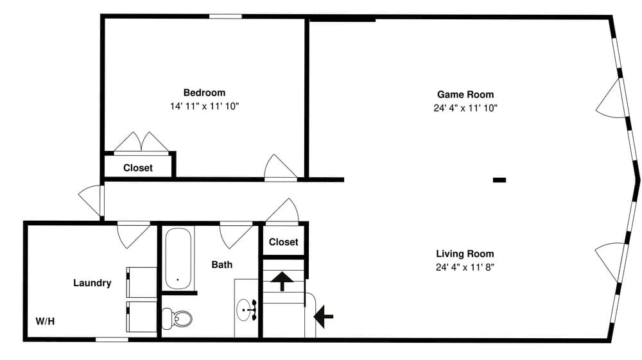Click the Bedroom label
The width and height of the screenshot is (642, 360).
[204, 92]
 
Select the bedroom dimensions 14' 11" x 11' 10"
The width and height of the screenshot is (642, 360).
[204, 107]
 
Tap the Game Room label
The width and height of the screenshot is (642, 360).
[465, 94]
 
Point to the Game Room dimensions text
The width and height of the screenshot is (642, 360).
[465, 108]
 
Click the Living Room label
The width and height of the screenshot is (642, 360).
[465, 253]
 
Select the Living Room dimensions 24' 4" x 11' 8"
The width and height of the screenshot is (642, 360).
[465, 268]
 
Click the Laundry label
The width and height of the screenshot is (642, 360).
[92, 283]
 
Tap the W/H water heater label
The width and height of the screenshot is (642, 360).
[45, 321]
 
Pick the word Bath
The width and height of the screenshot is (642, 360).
[222, 264]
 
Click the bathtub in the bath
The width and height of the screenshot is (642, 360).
[178, 260]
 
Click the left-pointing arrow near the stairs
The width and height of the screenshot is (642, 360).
[324, 314]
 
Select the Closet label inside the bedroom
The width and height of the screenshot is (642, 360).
[138, 168]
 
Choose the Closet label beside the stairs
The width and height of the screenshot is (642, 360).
[283, 242]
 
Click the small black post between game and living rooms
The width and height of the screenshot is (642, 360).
[499, 180]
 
